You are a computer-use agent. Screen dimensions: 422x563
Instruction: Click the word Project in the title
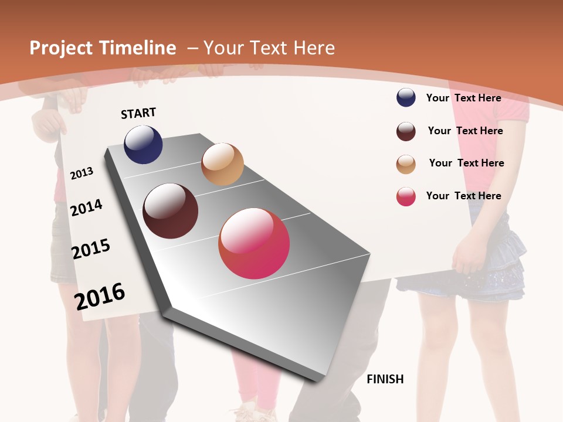62,49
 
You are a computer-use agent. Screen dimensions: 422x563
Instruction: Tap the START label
138,113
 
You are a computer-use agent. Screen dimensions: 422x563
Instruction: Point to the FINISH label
385,379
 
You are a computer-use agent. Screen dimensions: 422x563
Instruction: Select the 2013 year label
82,173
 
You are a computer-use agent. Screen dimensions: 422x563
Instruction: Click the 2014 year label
87,207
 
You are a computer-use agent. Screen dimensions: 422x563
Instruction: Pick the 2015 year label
91,249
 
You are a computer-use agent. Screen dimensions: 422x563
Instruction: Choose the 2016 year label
100,296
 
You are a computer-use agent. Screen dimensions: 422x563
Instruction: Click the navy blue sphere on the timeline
143,144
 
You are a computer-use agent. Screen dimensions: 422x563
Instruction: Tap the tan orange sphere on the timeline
222,164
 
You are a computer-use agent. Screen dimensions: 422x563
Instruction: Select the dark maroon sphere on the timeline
171,211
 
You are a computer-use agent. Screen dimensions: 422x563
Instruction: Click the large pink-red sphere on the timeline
254,243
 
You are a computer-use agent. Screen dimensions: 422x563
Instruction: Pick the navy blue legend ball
406,98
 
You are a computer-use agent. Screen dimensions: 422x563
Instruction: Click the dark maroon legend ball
406,131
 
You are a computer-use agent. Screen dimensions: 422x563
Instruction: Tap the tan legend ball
406,164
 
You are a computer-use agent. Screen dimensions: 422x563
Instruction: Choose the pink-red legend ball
406,196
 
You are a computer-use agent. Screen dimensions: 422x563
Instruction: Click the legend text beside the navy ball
464,98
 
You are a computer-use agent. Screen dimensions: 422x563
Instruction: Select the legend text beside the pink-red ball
464,196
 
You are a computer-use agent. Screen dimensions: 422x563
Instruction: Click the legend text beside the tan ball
466,163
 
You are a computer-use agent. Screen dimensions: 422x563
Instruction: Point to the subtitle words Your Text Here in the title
269,48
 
